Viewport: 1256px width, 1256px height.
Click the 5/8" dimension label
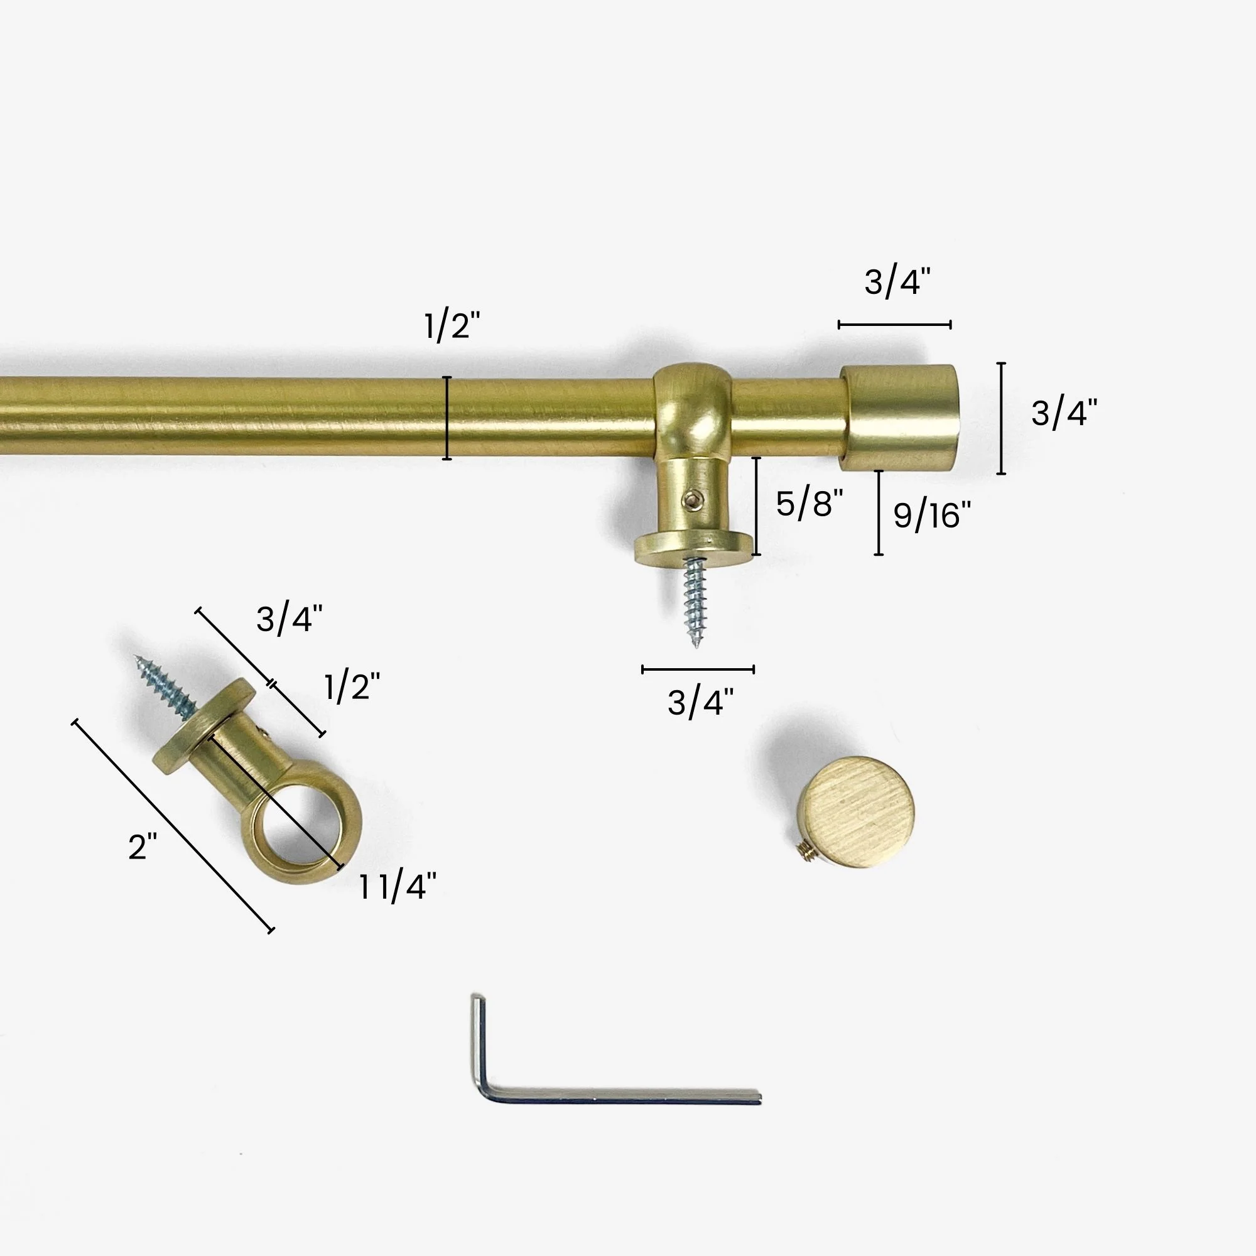click(x=809, y=504)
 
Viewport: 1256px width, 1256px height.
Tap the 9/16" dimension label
click(x=931, y=516)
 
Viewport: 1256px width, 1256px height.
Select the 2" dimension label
click(x=143, y=847)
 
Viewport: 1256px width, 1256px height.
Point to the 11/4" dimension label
click(x=398, y=887)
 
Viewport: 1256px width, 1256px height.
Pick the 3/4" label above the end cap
click(x=897, y=283)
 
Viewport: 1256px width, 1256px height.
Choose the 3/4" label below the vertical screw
click(x=700, y=703)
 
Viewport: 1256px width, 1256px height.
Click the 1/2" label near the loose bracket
click(x=352, y=686)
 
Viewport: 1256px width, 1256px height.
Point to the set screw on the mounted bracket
click(x=689, y=499)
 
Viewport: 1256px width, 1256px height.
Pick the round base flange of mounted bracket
click(x=693, y=543)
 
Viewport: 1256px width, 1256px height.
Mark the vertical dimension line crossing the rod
click(x=447, y=418)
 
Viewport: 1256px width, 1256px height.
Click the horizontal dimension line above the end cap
click(x=894, y=325)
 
